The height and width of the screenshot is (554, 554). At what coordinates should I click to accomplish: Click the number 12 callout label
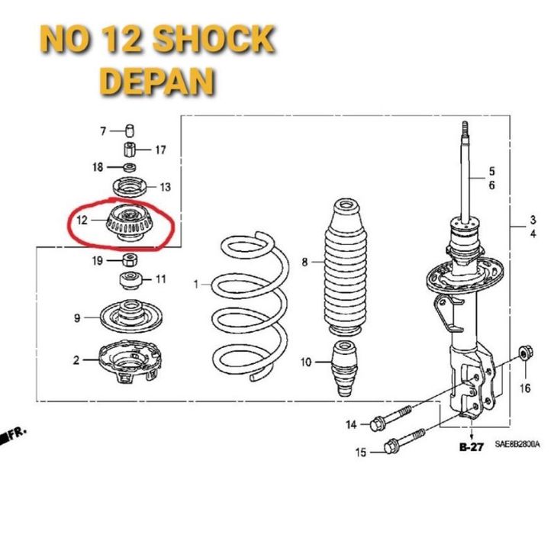82,221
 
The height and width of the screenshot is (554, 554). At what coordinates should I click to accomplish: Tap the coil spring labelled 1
249,308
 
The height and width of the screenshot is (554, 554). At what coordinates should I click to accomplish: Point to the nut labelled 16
524,353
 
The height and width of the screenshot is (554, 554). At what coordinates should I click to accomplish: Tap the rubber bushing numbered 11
129,279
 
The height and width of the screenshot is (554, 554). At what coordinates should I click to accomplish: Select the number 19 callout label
98,261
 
